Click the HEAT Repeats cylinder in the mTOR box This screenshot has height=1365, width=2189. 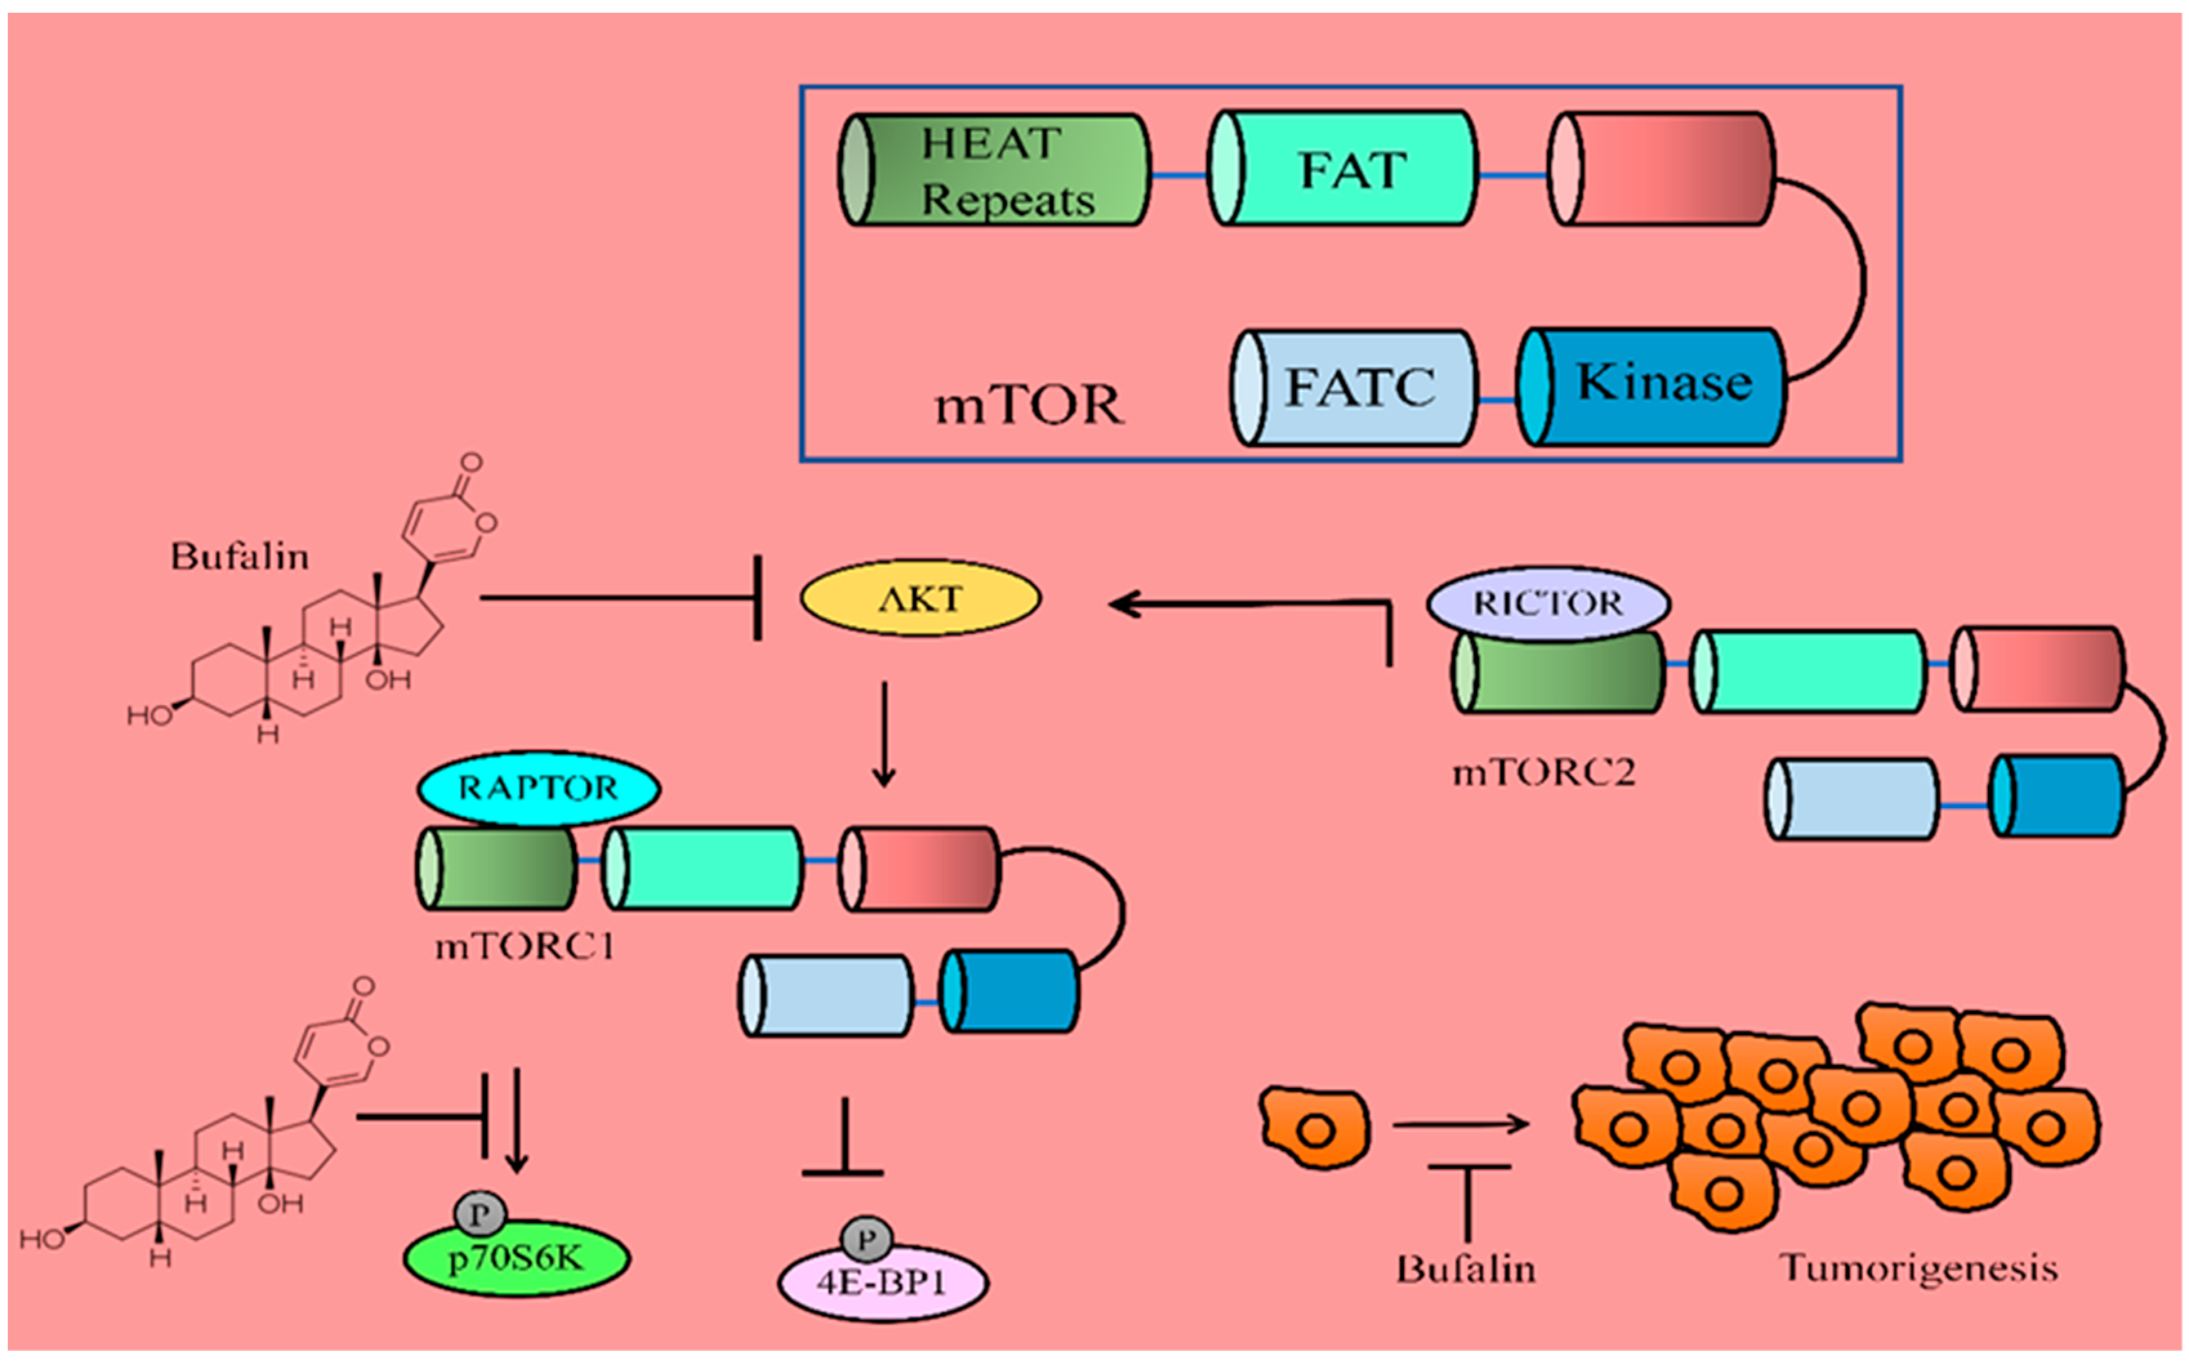point(995,169)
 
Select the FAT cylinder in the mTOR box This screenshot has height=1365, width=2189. point(1343,169)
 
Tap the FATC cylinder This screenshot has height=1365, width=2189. point(1356,387)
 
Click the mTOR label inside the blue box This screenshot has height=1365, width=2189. point(1028,405)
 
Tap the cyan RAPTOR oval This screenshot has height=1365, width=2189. point(538,788)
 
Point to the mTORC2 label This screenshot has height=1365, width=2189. point(1543,773)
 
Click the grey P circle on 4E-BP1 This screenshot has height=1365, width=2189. point(867,1239)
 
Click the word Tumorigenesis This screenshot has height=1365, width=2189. point(1918,1268)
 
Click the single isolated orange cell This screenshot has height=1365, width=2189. point(1315,1128)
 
